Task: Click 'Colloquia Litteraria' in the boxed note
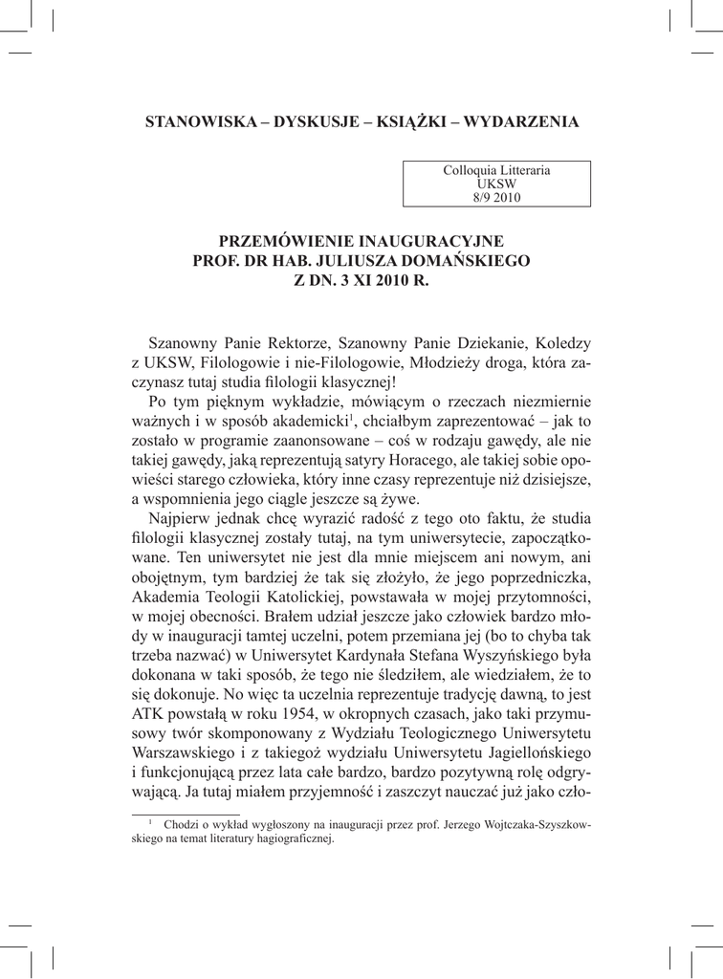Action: click(496, 170)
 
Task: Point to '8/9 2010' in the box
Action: click(496, 197)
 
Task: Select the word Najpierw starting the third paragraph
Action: click(180, 520)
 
